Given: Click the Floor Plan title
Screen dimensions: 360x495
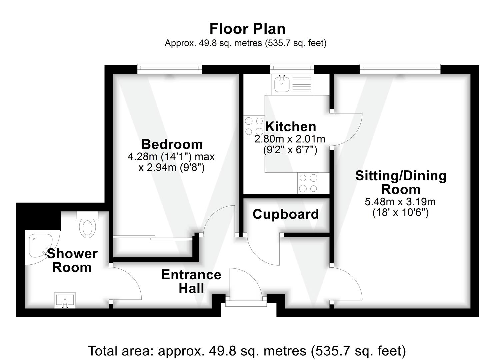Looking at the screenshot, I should pos(247,29).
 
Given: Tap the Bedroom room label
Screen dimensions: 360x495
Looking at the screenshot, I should pos(172,144).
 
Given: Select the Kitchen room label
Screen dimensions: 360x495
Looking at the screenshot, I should pos(290,127).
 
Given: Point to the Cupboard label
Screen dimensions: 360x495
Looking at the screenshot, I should pos(286,214).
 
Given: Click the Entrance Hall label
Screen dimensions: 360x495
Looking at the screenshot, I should pos(191,281).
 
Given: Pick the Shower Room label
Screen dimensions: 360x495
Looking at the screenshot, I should pos(72,260).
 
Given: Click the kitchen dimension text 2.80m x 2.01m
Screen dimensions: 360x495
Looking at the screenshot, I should pos(290,139).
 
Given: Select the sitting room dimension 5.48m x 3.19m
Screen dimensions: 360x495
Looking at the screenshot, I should pos(400,202).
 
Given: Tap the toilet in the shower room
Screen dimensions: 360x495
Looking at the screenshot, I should pos(88,224).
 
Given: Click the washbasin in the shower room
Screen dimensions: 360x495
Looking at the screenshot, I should pos(65,300).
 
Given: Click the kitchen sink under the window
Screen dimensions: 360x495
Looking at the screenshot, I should pos(282,84).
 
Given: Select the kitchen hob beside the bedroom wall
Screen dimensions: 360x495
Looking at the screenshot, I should pos(254,126).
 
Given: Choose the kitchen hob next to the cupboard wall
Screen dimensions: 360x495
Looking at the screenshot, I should pos(308,183).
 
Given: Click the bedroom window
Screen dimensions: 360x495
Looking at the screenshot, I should pos(170,69).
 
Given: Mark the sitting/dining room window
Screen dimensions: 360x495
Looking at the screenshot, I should pos(400,69).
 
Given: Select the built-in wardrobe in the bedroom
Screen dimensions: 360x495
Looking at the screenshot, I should pos(153,247).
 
